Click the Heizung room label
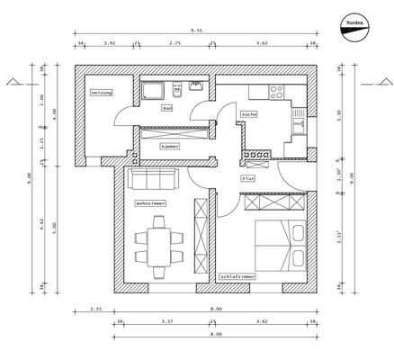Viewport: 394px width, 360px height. pos(100,93)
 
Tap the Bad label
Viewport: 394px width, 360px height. pos(166,107)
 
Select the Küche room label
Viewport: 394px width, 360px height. pos(250,114)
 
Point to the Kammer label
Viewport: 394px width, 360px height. pos(170,146)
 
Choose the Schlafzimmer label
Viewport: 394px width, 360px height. pos(238,276)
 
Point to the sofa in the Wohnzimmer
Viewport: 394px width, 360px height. pos(154,177)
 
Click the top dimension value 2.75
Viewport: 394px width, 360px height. pos(175,42)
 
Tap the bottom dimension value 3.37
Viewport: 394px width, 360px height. pos(166,321)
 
